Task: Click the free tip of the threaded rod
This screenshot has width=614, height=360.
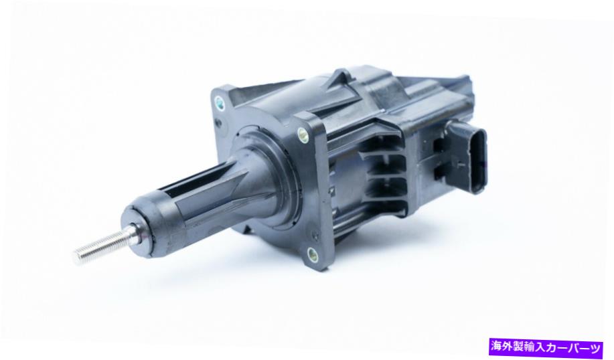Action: pos(76,254)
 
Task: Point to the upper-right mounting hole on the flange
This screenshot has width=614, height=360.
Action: pos(303,134)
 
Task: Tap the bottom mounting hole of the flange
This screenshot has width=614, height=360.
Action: pos(312,255)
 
